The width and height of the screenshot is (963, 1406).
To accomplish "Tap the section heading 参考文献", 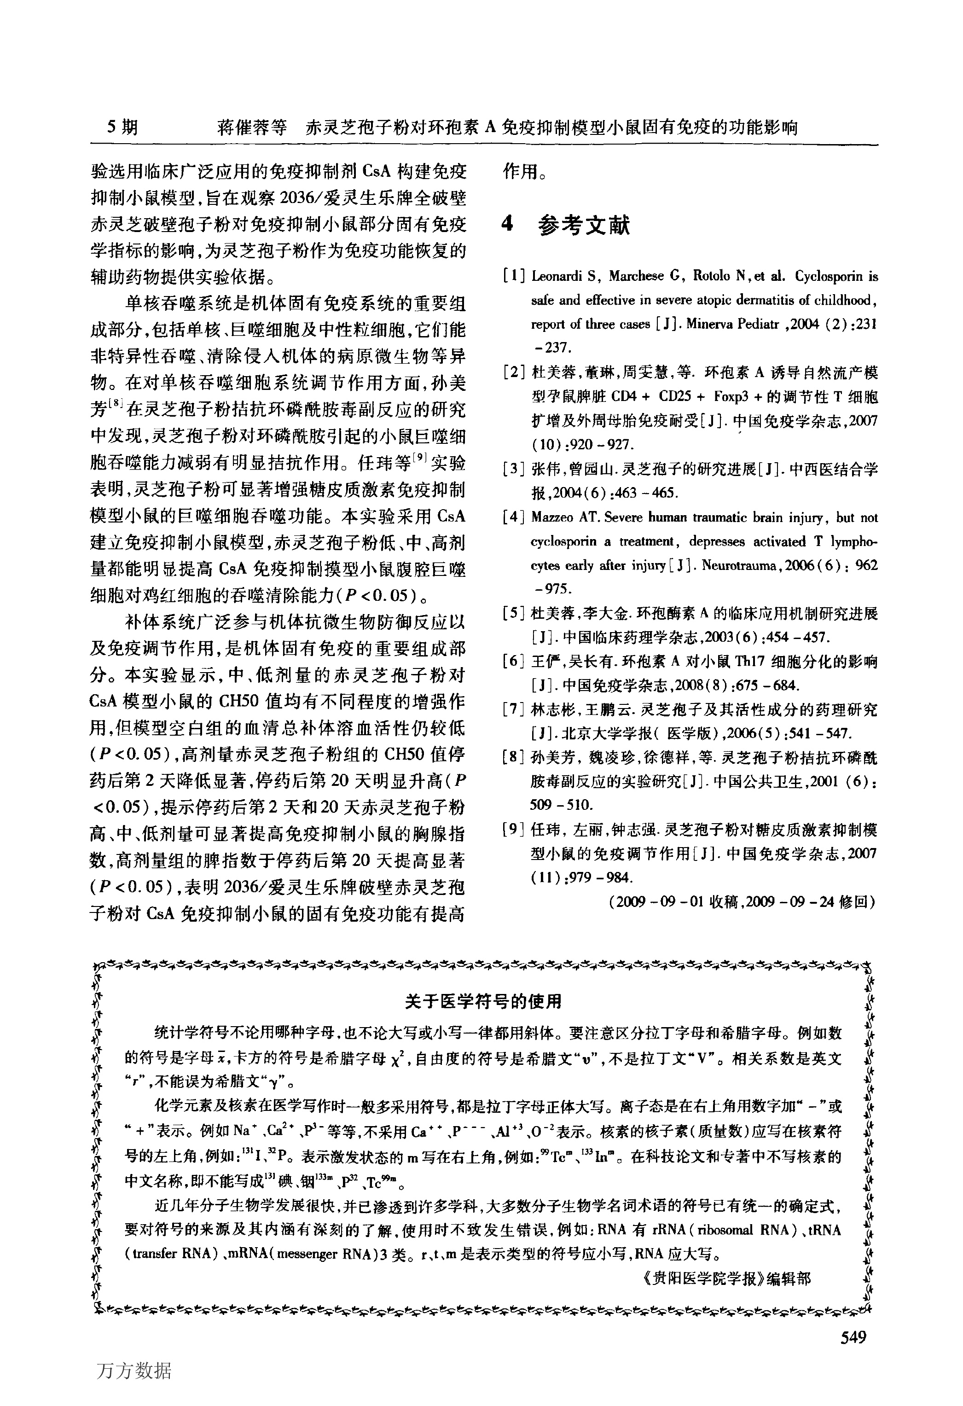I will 584,226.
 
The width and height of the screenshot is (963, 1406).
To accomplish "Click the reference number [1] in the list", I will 514,277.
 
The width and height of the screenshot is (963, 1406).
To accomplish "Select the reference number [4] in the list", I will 514,518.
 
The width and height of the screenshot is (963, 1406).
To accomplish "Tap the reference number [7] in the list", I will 514,709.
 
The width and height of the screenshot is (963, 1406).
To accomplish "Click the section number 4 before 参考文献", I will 508,225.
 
